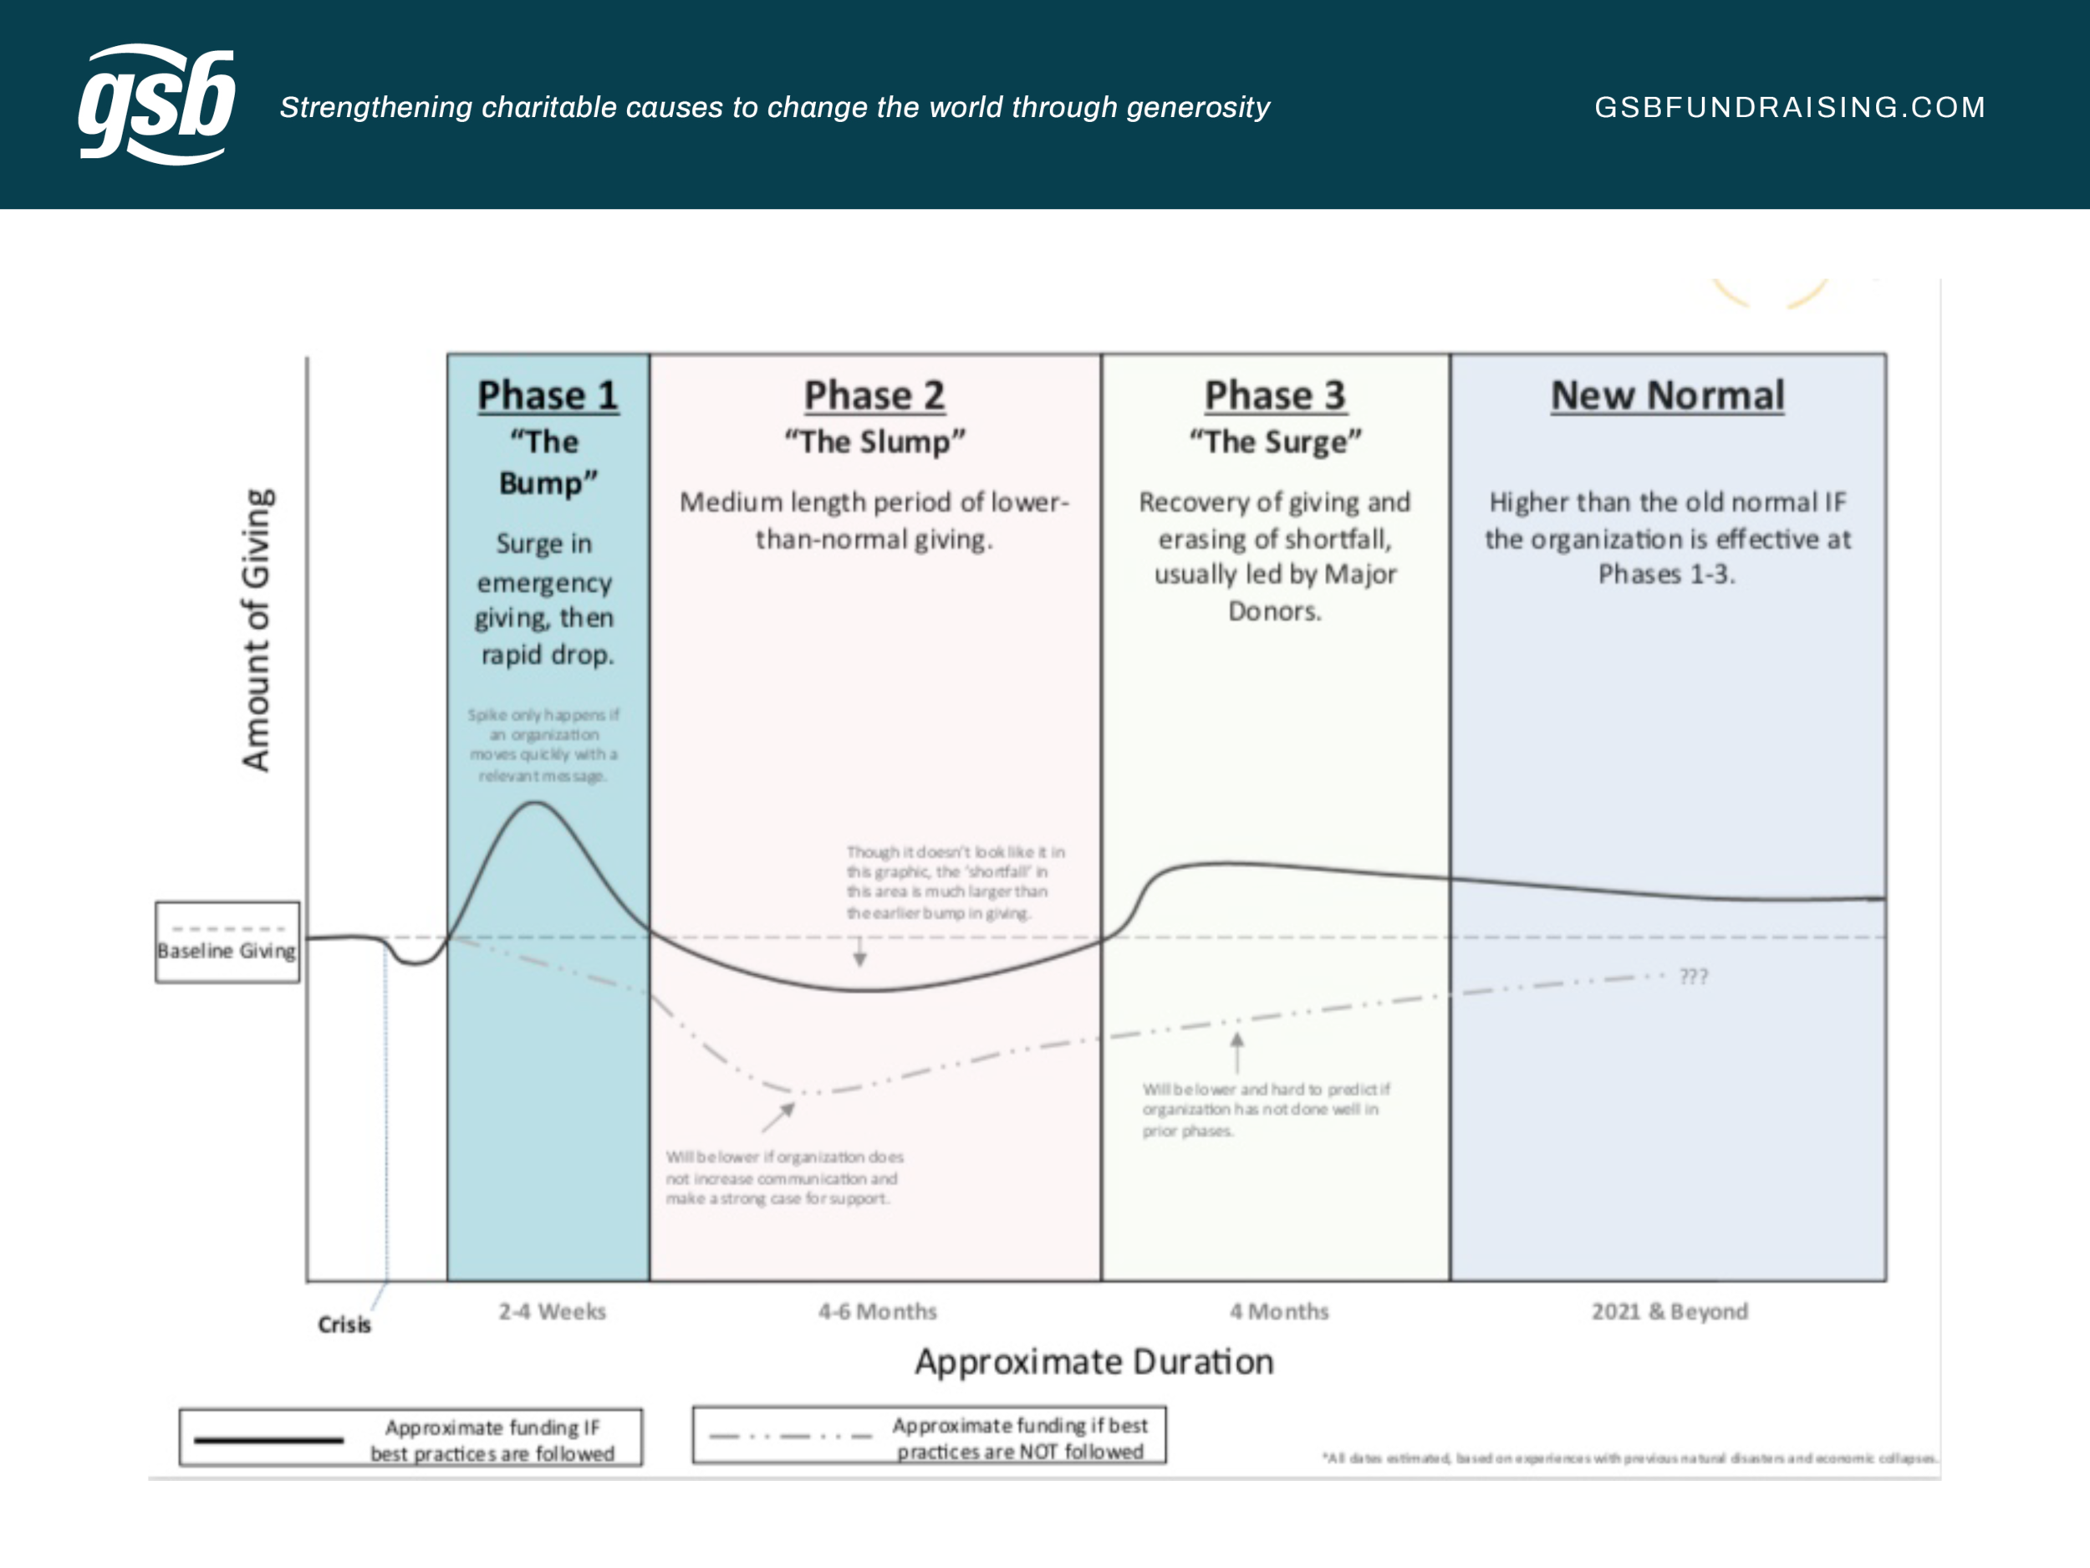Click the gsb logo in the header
click(155, 104)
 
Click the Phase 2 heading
click(874, 395)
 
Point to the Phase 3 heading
click(1275, 395)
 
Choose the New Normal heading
click(1668, 395)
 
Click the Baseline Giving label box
click(227, 942)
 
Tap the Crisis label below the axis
click(344, 1324)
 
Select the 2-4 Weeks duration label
click(552, 1311)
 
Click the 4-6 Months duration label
click(877, 1311)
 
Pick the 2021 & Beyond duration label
click(1669, 1311)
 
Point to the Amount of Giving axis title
click(256, 630)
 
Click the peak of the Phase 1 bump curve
click(536, 804)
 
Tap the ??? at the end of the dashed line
click(1693, 976)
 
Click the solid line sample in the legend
click(268, 1440)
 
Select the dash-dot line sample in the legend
click(790, 1437)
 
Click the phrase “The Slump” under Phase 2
click(874, 442)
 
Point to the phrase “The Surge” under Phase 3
click(1275, 442)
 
